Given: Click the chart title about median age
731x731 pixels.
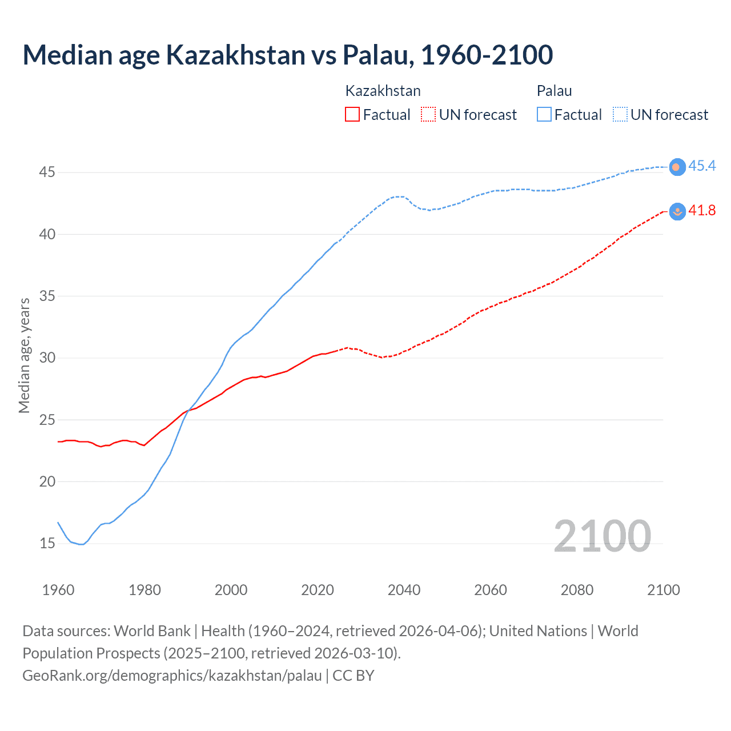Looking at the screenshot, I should pos(288,55).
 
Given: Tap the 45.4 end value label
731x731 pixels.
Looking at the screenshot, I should pos(702,166).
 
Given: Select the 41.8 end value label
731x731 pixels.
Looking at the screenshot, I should pos(702,211).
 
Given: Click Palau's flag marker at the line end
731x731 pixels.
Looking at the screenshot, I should pos(677,167).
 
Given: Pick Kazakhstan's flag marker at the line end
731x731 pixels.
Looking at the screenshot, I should pos(677,211).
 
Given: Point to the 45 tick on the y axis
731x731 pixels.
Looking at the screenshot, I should pos(47,172).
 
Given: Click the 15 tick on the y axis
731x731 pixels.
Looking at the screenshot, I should pos(47,543).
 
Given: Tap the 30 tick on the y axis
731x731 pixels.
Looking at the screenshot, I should pos(47,358).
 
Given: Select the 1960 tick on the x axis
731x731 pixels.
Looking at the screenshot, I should pos(58,590).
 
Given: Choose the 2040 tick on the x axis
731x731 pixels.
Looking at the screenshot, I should pos(404,590).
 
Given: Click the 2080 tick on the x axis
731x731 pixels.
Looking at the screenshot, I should pos(577,590).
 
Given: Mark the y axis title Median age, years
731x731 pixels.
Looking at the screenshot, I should pos(24,355).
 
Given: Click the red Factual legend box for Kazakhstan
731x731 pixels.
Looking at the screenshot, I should pos(352,115).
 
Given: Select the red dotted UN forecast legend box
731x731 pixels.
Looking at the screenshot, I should pos(428,115).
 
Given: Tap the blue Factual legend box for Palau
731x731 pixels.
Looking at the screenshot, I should pos(544,115).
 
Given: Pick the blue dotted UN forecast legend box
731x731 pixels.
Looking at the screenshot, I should pos(620,115).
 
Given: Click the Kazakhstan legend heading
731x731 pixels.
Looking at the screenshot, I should pos(383,91).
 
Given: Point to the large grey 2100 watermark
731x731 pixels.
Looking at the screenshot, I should pos(602,536).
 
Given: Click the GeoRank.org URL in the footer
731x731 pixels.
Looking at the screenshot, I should pos(172,676).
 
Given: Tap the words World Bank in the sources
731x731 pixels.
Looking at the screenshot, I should pos(152,631).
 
